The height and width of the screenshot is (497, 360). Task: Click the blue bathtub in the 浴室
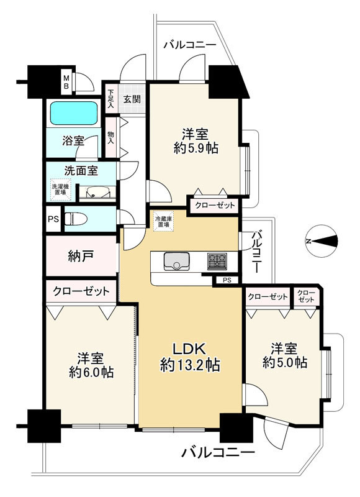click(x=73, y=113)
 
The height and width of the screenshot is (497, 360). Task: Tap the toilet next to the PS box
click(x=74, y=219)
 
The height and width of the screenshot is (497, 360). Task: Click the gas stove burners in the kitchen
click(x=217, y=262)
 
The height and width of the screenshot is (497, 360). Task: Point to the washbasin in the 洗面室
click(x=98, y=192)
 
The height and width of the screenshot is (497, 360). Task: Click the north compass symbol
click(x=322, y=241)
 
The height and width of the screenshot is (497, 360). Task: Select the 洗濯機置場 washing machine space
click(x=60, y=189)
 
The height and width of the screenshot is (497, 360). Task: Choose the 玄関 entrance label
click(x=132, y=99)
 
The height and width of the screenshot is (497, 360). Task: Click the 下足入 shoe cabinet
click(x=110, y=99)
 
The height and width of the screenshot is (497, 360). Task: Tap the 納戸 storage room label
click(x=81, y=256)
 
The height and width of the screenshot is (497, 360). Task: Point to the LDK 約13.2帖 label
click(x=190, y=357)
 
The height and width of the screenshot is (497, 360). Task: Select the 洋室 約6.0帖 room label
click(x=91, y=365)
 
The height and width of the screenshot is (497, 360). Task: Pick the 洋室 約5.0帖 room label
click(x=284, y=355)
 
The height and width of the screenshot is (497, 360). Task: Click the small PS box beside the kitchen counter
click(x=227, y=280)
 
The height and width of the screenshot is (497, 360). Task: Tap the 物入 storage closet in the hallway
click(x=112, y=137)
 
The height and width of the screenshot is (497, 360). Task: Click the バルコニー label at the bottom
click(x=218, y=452)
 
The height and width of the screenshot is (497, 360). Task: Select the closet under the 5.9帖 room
click(x=215, y=206)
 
